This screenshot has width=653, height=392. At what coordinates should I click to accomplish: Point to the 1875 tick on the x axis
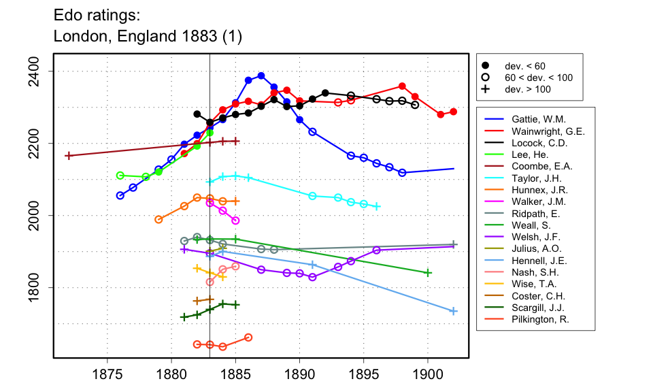[x=107, y=357]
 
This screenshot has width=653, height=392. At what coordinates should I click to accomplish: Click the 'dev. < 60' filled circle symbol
[x=485, y=66]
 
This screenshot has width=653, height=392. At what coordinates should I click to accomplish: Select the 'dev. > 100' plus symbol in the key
[x=485, y=89]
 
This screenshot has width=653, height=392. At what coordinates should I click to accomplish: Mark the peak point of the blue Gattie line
[x=261, y=76]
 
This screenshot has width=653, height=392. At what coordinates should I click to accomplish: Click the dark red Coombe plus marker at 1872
[x=68, y=156]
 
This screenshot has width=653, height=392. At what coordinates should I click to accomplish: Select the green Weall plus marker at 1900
[x=428, y=273]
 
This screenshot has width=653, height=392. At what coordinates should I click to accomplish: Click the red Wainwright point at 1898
[x=402, y=86]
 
